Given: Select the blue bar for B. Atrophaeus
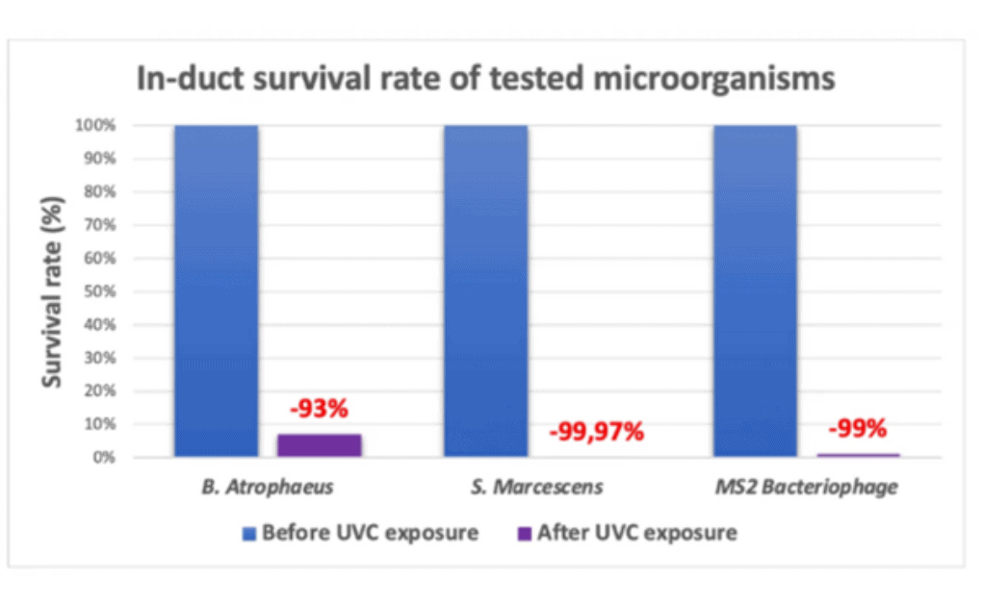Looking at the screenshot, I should (x=216, y=289).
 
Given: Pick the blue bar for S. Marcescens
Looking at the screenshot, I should (x=485, y=289).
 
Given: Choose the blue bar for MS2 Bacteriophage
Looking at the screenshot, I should (x=755, y=289).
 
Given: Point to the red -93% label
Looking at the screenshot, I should (x=318, y=409).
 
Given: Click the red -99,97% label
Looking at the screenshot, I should (x=596, y=432).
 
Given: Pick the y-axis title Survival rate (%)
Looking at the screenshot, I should (x=56, y=291).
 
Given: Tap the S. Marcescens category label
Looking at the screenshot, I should (x=537, y=487).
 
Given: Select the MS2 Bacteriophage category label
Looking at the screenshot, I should (x=807, y=487).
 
